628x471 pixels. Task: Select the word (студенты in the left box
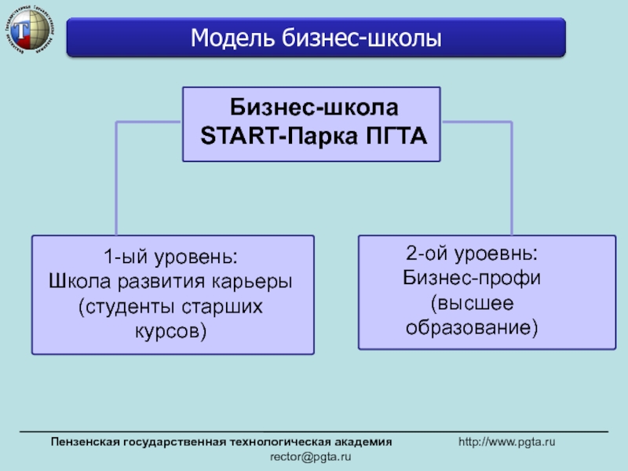pyautogui.click(x=119, y=306)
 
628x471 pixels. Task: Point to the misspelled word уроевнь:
pyautogui.click(x=498, y=254)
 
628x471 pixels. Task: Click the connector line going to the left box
pyautogui.click(x=116, y=173)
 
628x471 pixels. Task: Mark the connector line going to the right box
pyautogui.click(x=513, y=173)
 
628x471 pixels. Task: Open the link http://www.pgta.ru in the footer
pyautogui.click(x=507, y=443)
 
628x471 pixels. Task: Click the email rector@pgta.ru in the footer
pyautogui.click(x=311, y=456)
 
